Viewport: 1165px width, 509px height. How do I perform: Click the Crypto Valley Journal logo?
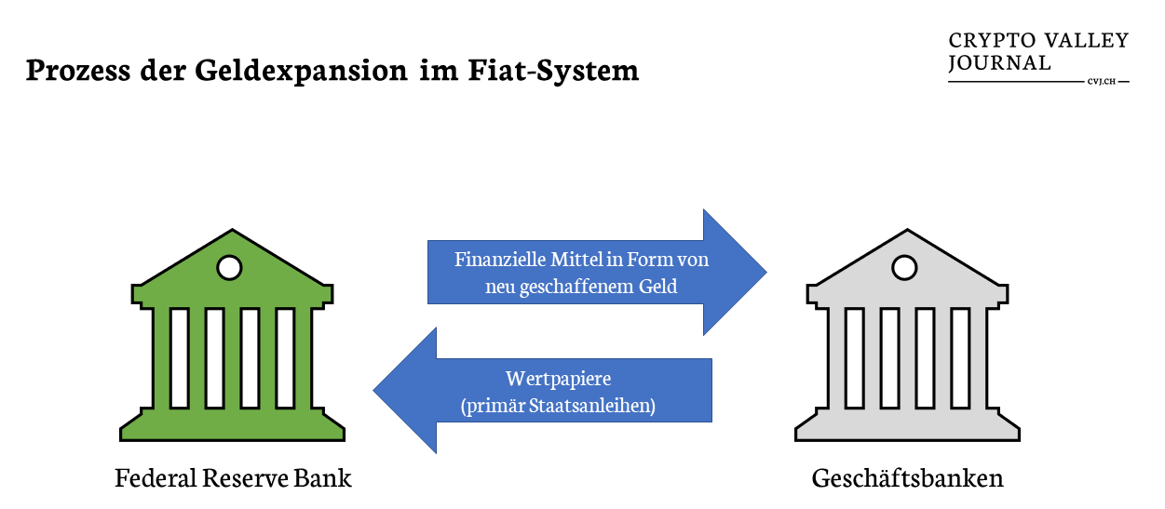pyautogui.click(x=1037, y=53)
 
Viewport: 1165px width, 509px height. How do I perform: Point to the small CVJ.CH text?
pyautogui.click(x=1101, y=82)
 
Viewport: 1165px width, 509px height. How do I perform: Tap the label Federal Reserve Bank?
pyautogui.click(x=234, y=478)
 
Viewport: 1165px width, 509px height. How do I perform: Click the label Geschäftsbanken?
pyautogui.click(x=908, y=478)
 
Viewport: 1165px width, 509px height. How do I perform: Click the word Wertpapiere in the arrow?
pyautogui.click(x=558, y=380)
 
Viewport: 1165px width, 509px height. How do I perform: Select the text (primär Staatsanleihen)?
pyautogui.click(x=558, y=406)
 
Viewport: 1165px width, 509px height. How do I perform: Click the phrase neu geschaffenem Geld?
pyautogui.click(x=581, y=288)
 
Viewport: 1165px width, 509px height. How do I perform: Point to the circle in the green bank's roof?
pyautogui.click(x=228, y=268)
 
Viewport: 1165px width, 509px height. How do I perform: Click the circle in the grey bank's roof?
pyautogui.click(x=903, y=268)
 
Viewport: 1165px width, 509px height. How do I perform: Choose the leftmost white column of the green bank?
pyautogui.click(x=179, y=357)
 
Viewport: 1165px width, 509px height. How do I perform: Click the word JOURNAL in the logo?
pyautogui.click(x=999, y=63)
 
